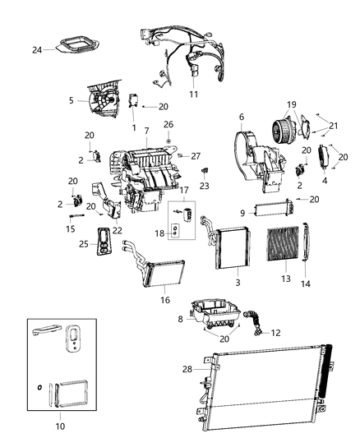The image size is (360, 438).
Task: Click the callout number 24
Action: [37, 50]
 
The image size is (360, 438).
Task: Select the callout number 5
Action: [72, 101]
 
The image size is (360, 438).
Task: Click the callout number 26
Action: [168, 126]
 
